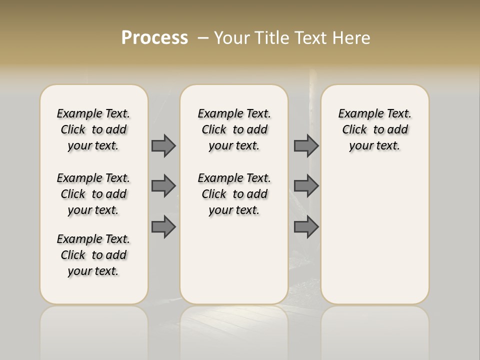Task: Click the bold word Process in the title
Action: tap(154, 38)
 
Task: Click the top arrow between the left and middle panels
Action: tap(163, 145)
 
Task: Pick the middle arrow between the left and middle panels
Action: tap(163, 186)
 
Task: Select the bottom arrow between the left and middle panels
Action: tap(163, 226)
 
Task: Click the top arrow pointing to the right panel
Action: tap(306, 145)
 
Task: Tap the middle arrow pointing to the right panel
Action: tap(306, 186)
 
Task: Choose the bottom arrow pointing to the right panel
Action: tap(306, 226)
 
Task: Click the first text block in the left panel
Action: tap(93, 129)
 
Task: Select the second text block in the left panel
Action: tap(93, 194)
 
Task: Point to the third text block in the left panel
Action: tap(93, 255)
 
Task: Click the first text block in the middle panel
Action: tap(234, 129)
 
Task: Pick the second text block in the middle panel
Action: tap(234, 194)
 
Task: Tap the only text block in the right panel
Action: tap(374, 129)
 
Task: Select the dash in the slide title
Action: tap(203, 38)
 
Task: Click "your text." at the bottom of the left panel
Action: tap(93, 271)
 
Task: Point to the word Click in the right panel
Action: tap(354, 130)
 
